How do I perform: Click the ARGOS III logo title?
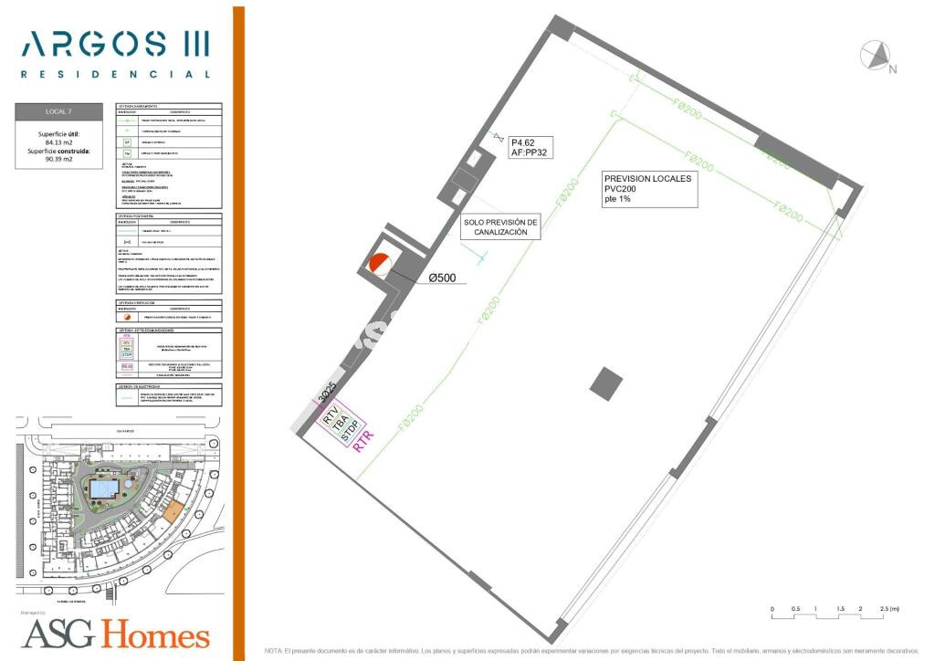pyautogui.click(x=115, y=43)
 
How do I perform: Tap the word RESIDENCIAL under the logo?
pyautogui.click(x=115, y=74)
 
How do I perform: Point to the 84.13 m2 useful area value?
pyautogui.click(x=59, y=142)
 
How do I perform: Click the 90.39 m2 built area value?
pyautogui.click(x=59, y=160)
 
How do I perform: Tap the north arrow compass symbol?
pyautogui.click(x=877, y=57)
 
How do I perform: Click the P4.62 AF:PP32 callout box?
pyautogui.click(x=531, y=148)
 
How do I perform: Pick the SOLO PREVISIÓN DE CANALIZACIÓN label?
pyautogui.click(x=501, y=227)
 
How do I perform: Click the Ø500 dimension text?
pyautogui.click(x=443, y=278)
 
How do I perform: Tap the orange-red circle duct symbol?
pyautogui.click(x=378, y=265)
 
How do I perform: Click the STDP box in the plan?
pyautogui.click(x=350, y=435)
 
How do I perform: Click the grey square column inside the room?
pyautogui.click(x=605, y=383)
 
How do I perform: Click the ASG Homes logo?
pyautogui.click(x=115, y=633)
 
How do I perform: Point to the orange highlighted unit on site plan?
pyautogui.click(x=172, y=511)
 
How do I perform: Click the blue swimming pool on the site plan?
pyautogui.click(x=103, y=490)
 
